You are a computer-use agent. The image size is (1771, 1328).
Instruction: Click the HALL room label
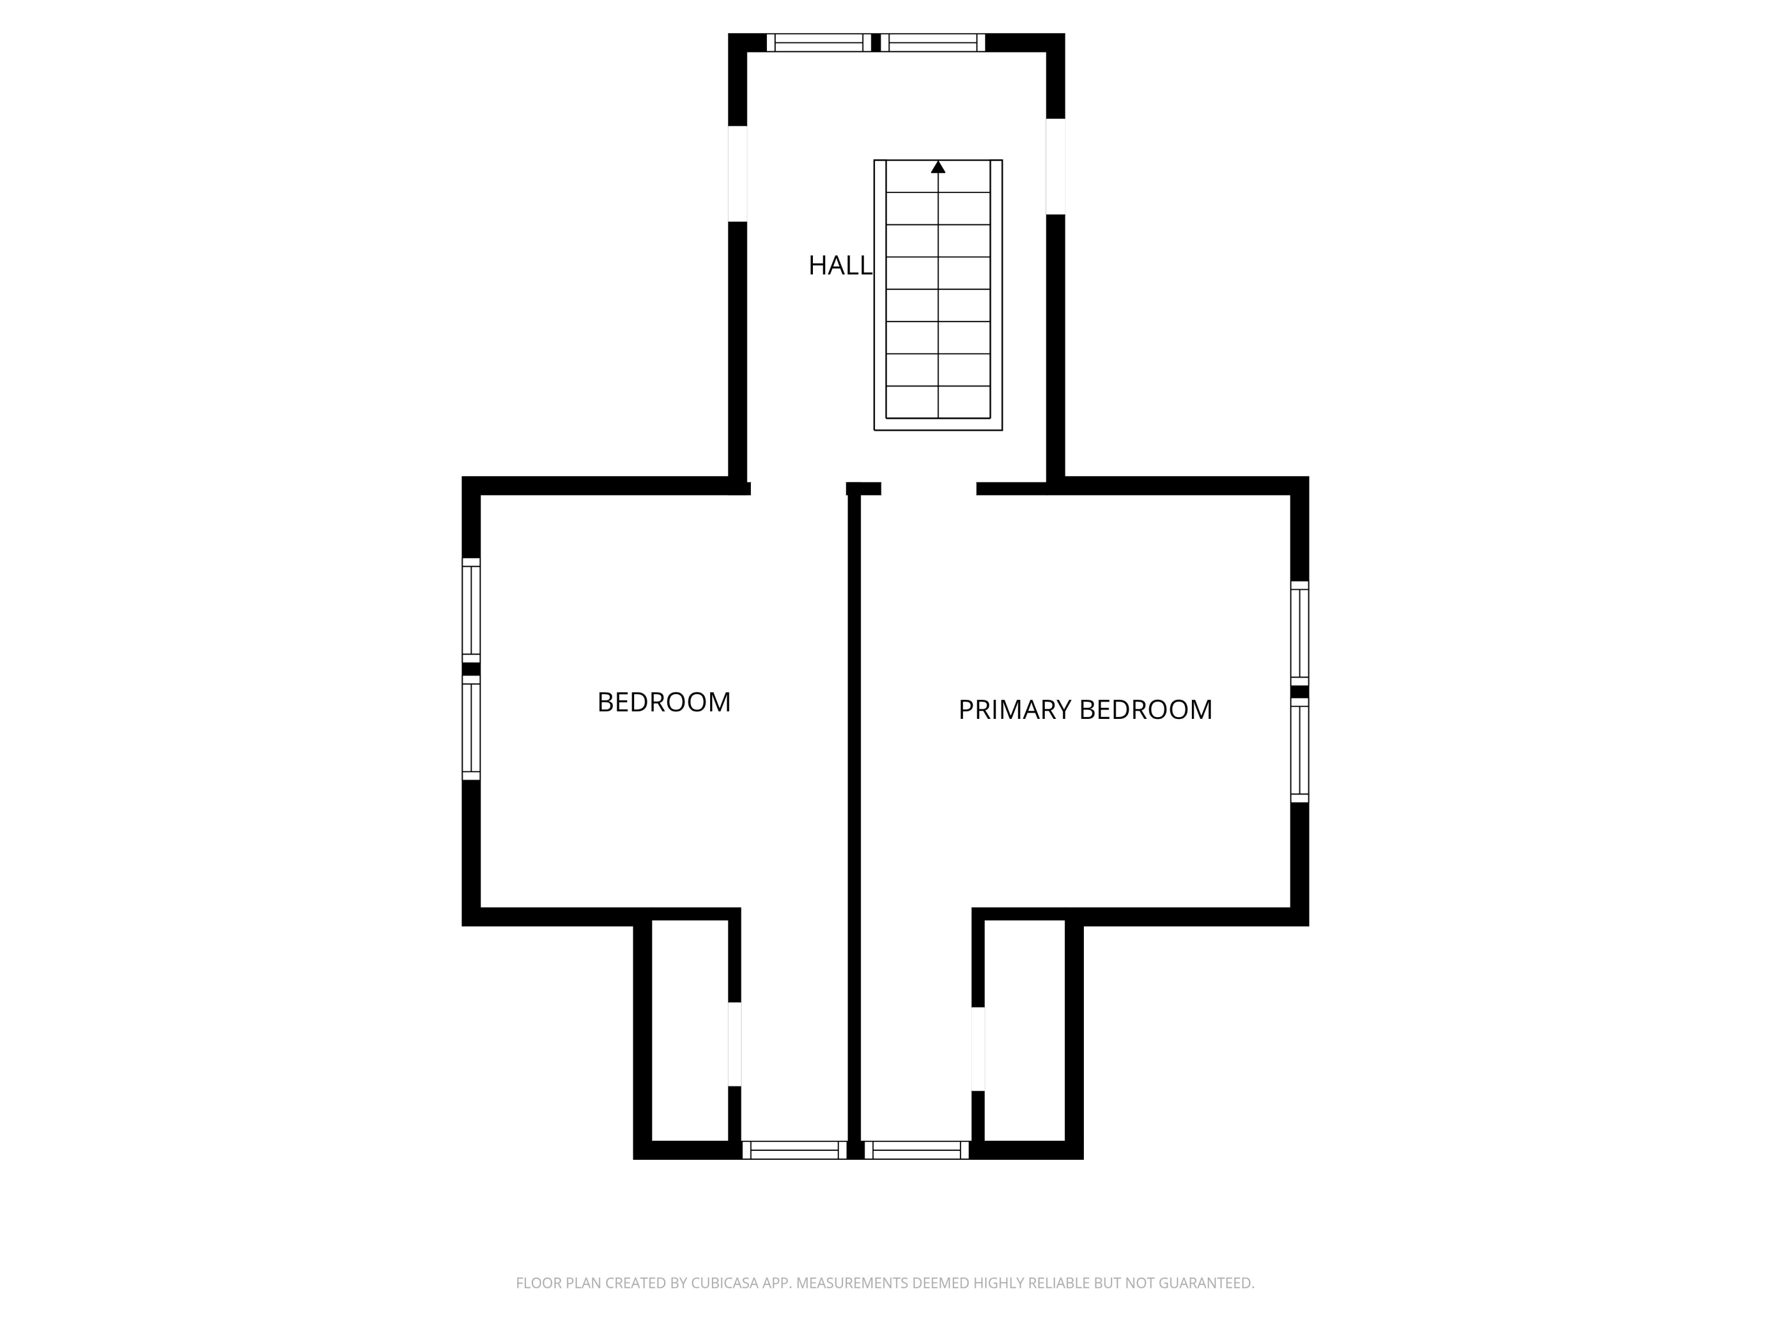tap(839, 265)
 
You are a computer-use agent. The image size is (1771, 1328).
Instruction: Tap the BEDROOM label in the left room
tap(664, 702)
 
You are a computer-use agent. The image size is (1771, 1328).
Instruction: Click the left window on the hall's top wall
tap(818, 42)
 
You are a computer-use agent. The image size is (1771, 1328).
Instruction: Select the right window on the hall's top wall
tap(933, 42)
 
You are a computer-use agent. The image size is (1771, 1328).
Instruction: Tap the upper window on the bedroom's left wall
tap(470, 610)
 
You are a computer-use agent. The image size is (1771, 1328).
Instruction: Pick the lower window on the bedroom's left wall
tap(470, 728)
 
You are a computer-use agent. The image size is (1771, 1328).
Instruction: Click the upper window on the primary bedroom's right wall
tap(1299, 633)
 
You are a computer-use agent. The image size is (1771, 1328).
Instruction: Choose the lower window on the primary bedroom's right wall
tap(1299, 750)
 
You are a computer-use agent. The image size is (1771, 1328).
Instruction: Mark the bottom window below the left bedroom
tap(794, 1150)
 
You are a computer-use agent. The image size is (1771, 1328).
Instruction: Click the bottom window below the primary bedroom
tap(917, 1150)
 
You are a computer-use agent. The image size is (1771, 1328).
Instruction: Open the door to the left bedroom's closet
tap(734, 1044)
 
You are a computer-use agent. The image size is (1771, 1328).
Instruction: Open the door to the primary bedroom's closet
tap(978, 1049)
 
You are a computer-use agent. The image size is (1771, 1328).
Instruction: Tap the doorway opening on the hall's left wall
tap(737, 174)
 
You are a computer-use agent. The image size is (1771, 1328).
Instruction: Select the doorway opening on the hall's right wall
tap(1056, 166)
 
